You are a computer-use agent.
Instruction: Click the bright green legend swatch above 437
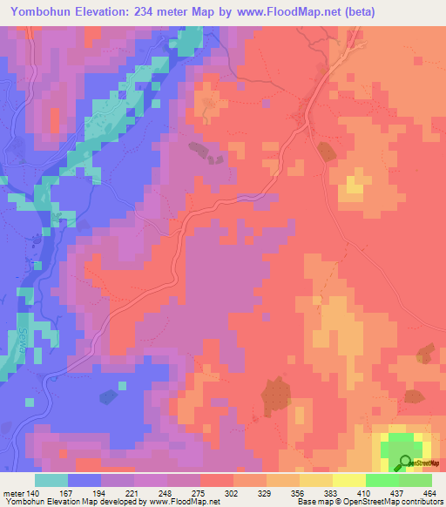point(382,480)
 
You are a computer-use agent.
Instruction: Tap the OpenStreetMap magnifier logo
point(405,464)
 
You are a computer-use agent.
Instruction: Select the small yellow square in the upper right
point(354,184)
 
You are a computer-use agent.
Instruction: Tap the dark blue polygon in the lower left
point(107,397)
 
